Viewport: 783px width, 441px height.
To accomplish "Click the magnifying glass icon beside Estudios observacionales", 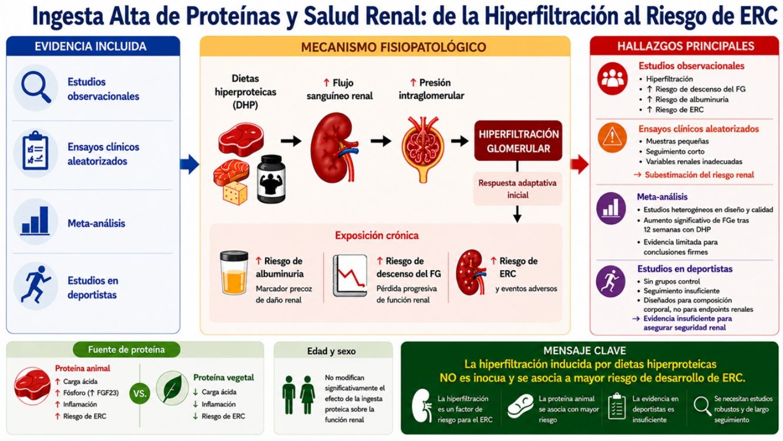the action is click(x=35, y=87).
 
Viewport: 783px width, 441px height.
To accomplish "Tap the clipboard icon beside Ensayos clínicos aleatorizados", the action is click(x=35, y=150).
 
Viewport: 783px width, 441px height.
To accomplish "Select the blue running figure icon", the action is click(x=36, y=284).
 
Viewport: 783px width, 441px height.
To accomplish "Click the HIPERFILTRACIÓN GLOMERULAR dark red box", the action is click(x=518, y=141).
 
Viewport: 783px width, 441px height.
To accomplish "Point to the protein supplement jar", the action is click(x=271, y=179).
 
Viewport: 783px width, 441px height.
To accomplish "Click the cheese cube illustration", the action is click(x=235, y=193).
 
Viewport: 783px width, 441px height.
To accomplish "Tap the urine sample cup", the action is click(x=234, y=272).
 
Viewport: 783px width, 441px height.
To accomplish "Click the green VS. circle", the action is click(x=139, y=393).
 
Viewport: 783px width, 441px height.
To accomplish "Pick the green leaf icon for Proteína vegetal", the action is click(x=172, y=388).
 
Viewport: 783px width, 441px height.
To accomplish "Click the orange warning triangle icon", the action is click(x=612, y=137).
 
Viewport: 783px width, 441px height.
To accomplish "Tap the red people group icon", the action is click(x=612, y=79).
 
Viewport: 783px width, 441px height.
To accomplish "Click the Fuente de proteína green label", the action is click(x=126, y=349).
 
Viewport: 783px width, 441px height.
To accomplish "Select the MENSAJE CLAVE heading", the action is click(x=585, y=351).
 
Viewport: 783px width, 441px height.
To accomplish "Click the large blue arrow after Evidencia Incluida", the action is click(x=190, y=164).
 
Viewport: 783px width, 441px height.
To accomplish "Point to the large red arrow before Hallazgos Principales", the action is click(x=579, y=164).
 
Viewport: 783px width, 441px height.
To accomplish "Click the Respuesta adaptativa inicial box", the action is click(x=517, y=188).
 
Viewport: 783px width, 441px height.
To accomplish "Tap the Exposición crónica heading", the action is click(x=377, y=235).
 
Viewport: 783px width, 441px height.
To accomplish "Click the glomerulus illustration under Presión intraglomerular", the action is click(x=423, y=149).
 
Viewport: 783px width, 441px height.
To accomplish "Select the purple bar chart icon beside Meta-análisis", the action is click(x=611, y=208).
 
